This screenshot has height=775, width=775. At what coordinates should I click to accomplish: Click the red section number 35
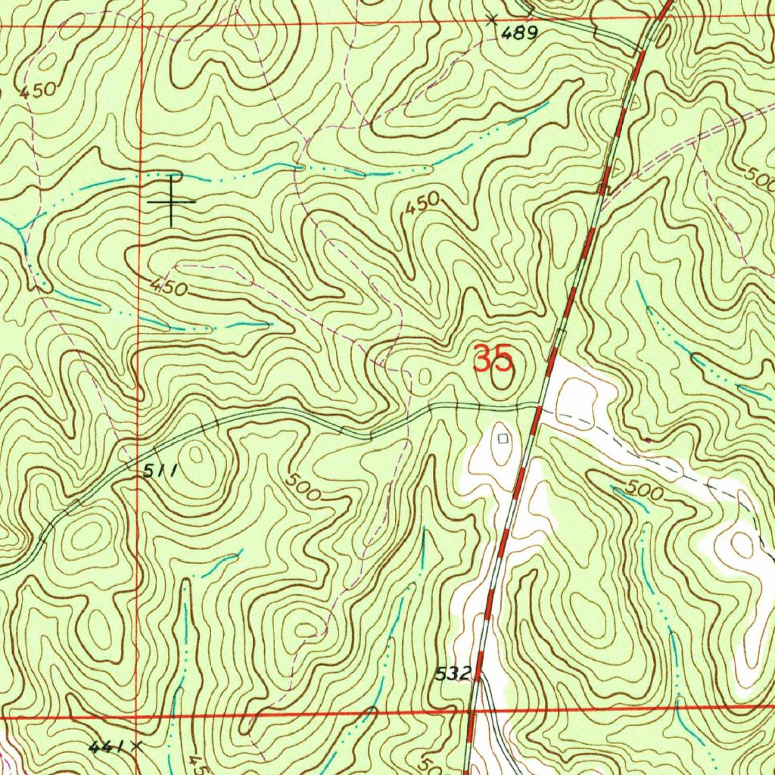tap(493, 358)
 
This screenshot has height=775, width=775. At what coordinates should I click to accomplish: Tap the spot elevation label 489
tap(522, 33)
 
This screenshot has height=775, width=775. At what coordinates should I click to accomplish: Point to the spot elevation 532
tap(453, 672)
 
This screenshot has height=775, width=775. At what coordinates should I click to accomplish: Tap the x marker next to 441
tap(136, 745)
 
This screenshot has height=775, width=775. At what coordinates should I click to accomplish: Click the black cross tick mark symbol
tap(172, 201)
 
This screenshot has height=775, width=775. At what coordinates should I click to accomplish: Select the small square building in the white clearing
tap(503, 437)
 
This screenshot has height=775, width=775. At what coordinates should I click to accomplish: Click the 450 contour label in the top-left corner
tap(38, 92)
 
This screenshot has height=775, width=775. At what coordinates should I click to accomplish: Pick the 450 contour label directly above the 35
tap(422, 204)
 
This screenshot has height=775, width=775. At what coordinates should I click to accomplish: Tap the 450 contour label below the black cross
tap(167, 287)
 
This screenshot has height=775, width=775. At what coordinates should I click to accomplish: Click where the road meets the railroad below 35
tap(539, 406)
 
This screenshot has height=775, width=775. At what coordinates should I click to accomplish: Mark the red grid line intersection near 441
tap(135, 715)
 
